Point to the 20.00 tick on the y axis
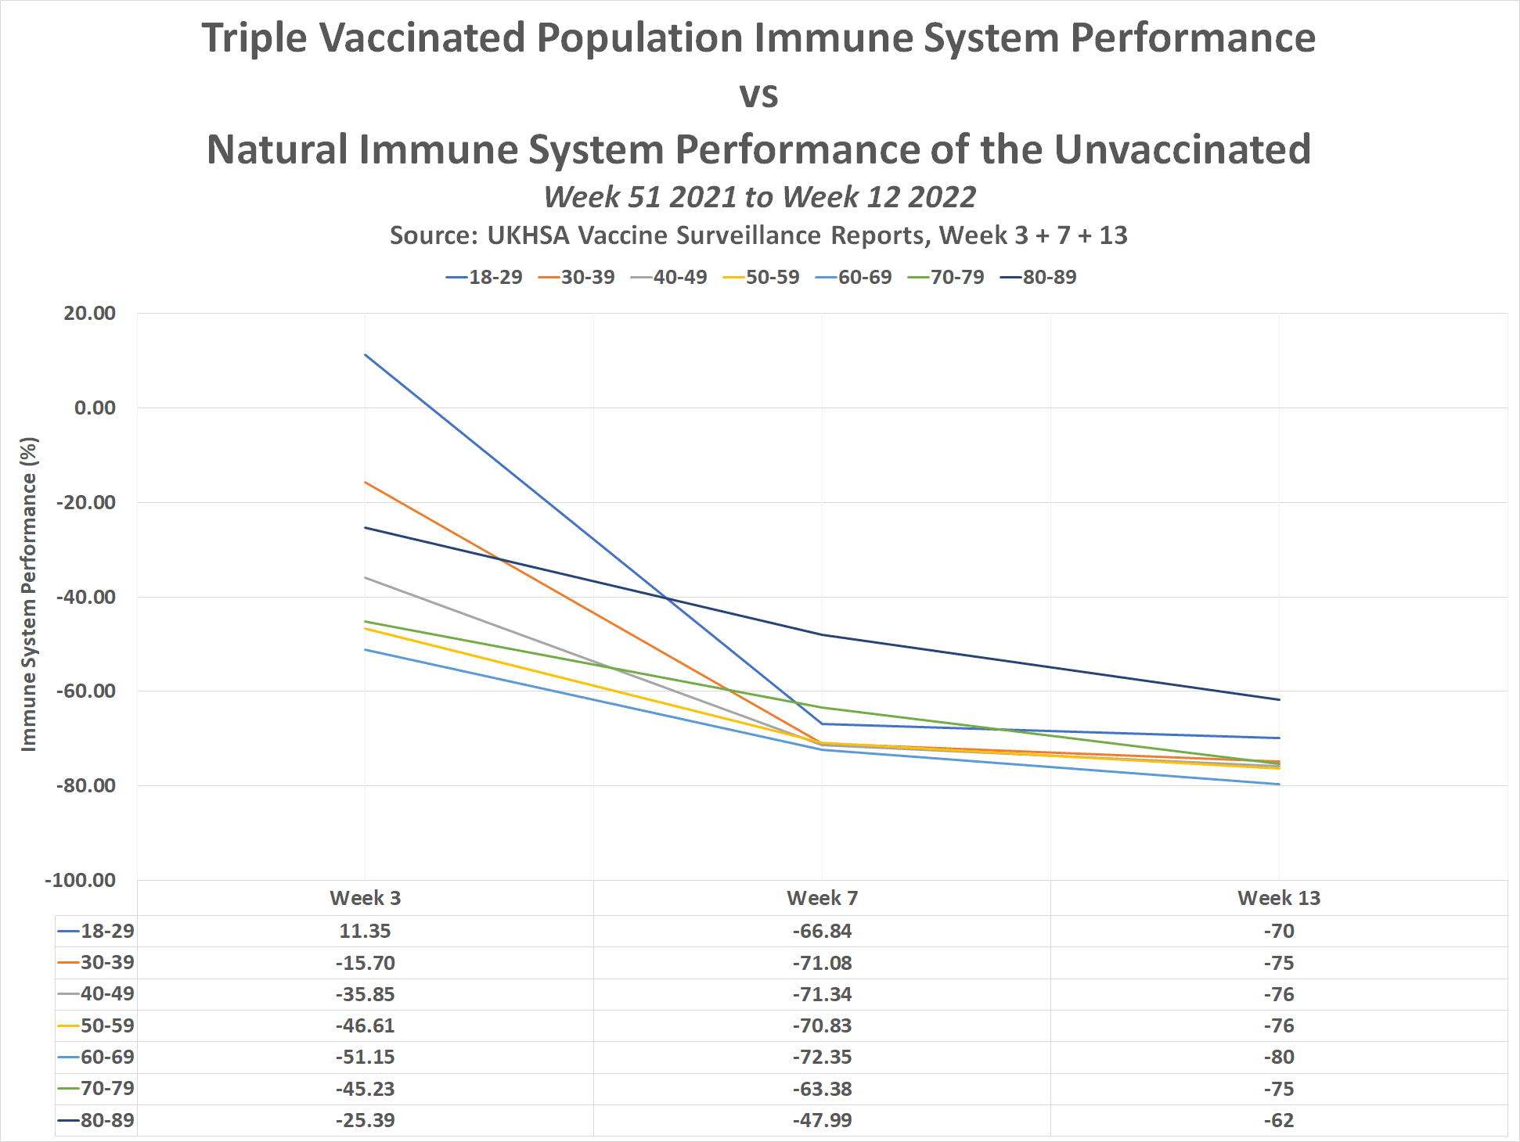point(90,314)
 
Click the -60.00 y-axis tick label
point(86,691)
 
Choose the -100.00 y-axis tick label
point(81,880)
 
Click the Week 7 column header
point(822,898)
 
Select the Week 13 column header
point(1278,898)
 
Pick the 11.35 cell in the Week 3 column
point(365,932)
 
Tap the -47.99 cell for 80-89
point(822,1120)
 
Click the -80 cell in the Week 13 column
point(1278,1058)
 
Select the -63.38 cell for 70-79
point(822,1089)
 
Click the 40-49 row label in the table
point(107,994)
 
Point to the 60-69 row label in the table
point(107,1058)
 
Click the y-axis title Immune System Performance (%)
point(29,594)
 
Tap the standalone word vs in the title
point(758,95)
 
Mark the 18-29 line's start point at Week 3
point(365,354)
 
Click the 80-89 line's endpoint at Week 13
point(1279,700)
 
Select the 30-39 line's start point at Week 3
point(365,482)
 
